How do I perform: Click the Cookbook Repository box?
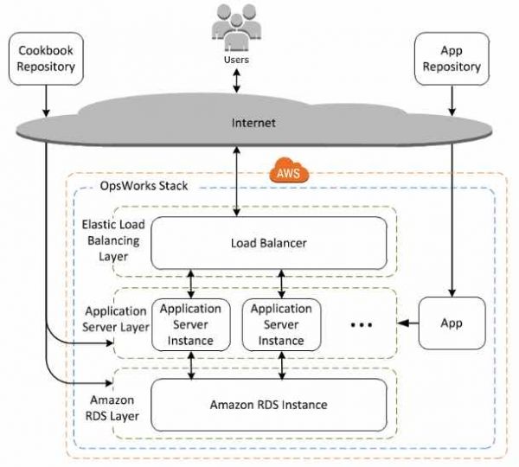coord(46,59)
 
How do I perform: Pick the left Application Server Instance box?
coord(191,324)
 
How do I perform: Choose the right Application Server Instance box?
coord(281,324)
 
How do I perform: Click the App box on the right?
coord(451,323)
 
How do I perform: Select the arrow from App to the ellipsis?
coord(408,324)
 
